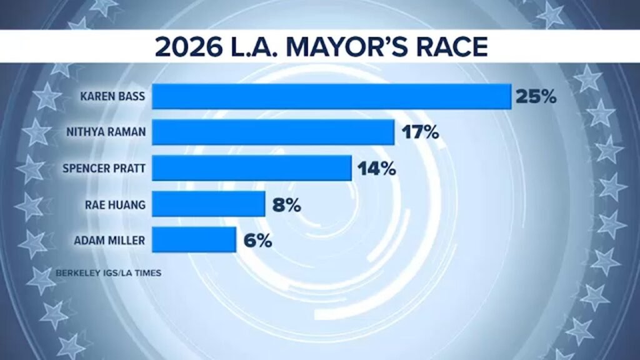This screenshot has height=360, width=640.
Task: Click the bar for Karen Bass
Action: coord(332,97)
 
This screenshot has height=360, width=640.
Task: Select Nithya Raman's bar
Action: coord(273,132)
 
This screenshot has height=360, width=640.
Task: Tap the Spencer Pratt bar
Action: coord(252,168)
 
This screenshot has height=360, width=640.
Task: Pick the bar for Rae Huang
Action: coord(209,204)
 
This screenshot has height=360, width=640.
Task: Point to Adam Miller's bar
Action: coord(194,239)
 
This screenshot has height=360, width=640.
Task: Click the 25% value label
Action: coord(536,97)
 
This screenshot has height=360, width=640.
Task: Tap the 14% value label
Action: coord(376,168)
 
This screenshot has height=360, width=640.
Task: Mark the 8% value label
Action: coord(287,204)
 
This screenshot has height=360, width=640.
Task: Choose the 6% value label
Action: coord(257,239)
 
